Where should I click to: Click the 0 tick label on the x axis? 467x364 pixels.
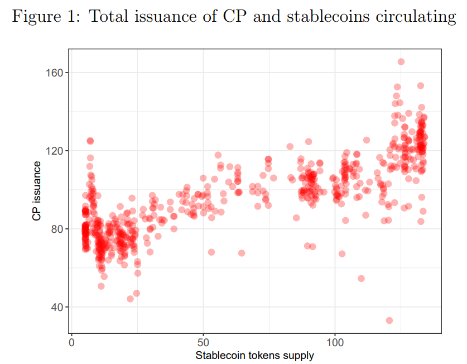[71, 342]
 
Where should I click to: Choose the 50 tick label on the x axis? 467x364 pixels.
[203, 342]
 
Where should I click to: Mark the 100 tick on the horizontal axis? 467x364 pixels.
[335, 342]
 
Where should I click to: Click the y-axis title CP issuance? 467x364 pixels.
[37, 191]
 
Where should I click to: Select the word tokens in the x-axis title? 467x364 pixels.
[261, 356]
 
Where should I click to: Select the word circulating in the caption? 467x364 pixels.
[422, 17]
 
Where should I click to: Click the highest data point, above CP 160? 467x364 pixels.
[401, 62]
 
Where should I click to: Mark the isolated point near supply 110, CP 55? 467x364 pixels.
[361, 278]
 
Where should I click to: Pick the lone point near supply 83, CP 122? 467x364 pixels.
[290, 147]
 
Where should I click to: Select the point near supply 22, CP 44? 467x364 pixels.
[130, 299]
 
